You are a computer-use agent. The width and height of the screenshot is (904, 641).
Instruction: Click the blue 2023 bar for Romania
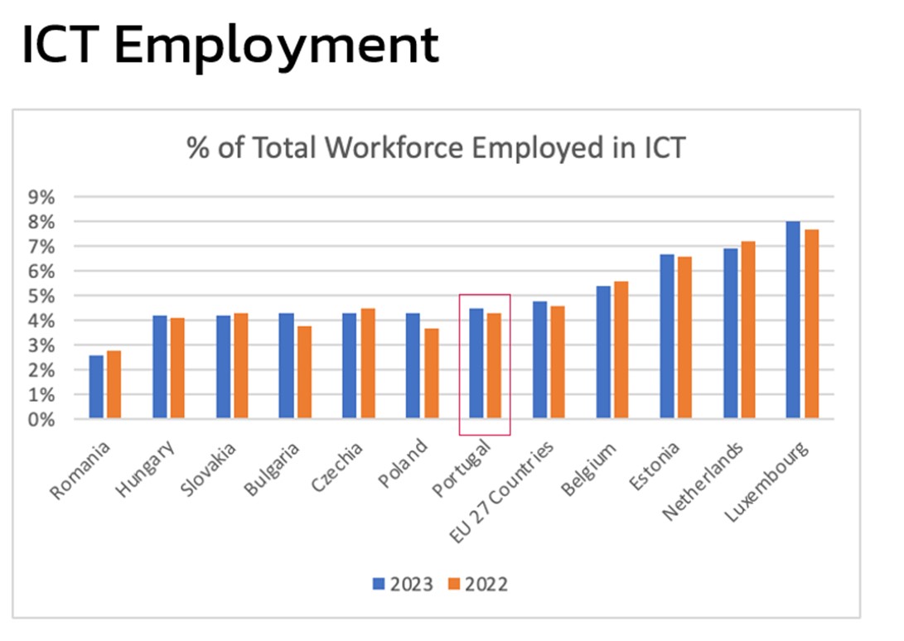[x=96, y=387]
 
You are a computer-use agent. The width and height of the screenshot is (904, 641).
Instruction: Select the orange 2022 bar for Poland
[x=432, y=374]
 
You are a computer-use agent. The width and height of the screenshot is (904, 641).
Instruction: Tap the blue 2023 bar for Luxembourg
[x=793, y=320]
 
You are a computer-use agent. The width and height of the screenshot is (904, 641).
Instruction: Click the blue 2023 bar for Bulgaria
[x=287, y=365]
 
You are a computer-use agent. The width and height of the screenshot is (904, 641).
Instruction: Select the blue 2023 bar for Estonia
[x=667, y=336]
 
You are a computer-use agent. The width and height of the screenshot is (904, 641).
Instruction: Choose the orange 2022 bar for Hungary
[x=177, y=368]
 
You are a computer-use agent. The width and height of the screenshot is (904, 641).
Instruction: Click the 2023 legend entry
[x=403, y=584]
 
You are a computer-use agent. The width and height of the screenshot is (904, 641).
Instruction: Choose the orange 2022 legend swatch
[x=455, y=584]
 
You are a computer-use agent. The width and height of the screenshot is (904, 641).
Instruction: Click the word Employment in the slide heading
[x=277, y=46]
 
